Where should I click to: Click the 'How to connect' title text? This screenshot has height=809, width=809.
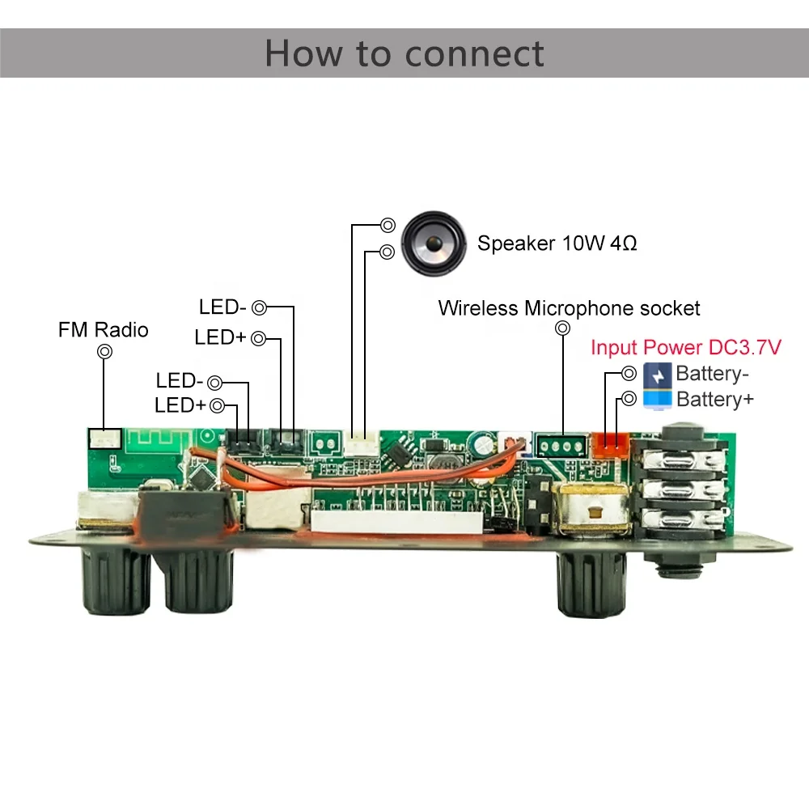(x=404, y=53)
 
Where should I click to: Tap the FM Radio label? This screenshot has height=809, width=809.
(x=103, y=329)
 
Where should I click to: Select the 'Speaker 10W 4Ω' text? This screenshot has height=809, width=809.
(x=557, y=243)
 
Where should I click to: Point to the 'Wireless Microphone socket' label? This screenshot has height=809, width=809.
(x=569, y=308)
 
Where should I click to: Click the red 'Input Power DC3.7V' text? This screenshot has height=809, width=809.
(x=685, y=348)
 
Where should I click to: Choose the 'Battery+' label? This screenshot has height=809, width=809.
(x=715, y=399)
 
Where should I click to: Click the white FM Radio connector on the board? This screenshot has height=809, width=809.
(x=104, y=439)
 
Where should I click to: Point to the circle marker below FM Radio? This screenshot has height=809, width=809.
(x=104, y=352)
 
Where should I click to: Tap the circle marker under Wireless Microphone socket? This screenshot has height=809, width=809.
(x=562, y=328)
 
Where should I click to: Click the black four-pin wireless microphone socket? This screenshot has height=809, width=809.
(x=561, y=445)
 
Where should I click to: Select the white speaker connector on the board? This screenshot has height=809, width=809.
(x=360, y=443)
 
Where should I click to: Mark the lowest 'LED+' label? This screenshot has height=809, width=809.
(x=180, y=405)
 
